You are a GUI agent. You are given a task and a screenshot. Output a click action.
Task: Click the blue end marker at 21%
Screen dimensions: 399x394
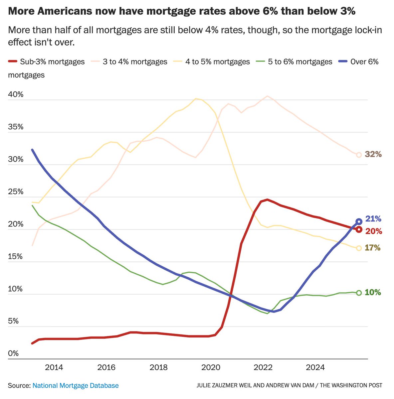tap(359, 221)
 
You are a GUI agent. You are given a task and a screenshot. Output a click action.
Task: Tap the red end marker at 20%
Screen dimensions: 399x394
tap(359, 229)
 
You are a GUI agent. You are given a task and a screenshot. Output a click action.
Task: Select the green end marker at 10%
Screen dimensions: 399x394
tap(359, 293)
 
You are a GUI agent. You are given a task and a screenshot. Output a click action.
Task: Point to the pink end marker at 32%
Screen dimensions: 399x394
tap(359, 155)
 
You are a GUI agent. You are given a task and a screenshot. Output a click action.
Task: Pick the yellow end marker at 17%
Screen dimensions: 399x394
tap(359, 248)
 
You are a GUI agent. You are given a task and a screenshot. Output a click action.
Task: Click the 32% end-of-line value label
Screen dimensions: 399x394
tap(373, 154)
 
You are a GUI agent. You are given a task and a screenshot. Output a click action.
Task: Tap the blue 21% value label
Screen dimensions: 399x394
tap(373, 219)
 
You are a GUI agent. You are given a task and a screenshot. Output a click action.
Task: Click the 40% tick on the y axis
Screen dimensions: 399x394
tap(16, 95)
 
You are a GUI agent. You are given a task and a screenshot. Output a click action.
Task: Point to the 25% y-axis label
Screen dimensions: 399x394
tap(16, 192)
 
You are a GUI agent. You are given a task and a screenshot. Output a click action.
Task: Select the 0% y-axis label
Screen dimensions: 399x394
tap(14, 353)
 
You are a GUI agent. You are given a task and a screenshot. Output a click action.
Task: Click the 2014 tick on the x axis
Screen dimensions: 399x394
tap(54, 367)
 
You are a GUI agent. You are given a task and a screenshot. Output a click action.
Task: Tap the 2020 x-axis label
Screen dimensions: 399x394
tap(211, 367)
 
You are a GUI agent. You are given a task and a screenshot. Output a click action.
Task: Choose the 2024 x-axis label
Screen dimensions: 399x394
tap(315, 367)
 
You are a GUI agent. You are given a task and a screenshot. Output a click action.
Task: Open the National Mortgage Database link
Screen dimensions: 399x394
tap(76, 386)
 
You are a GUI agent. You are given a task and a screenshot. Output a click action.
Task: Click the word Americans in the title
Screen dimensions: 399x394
tap(69, 12)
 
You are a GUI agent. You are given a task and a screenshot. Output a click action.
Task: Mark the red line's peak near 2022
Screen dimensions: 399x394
tap(267, 199)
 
